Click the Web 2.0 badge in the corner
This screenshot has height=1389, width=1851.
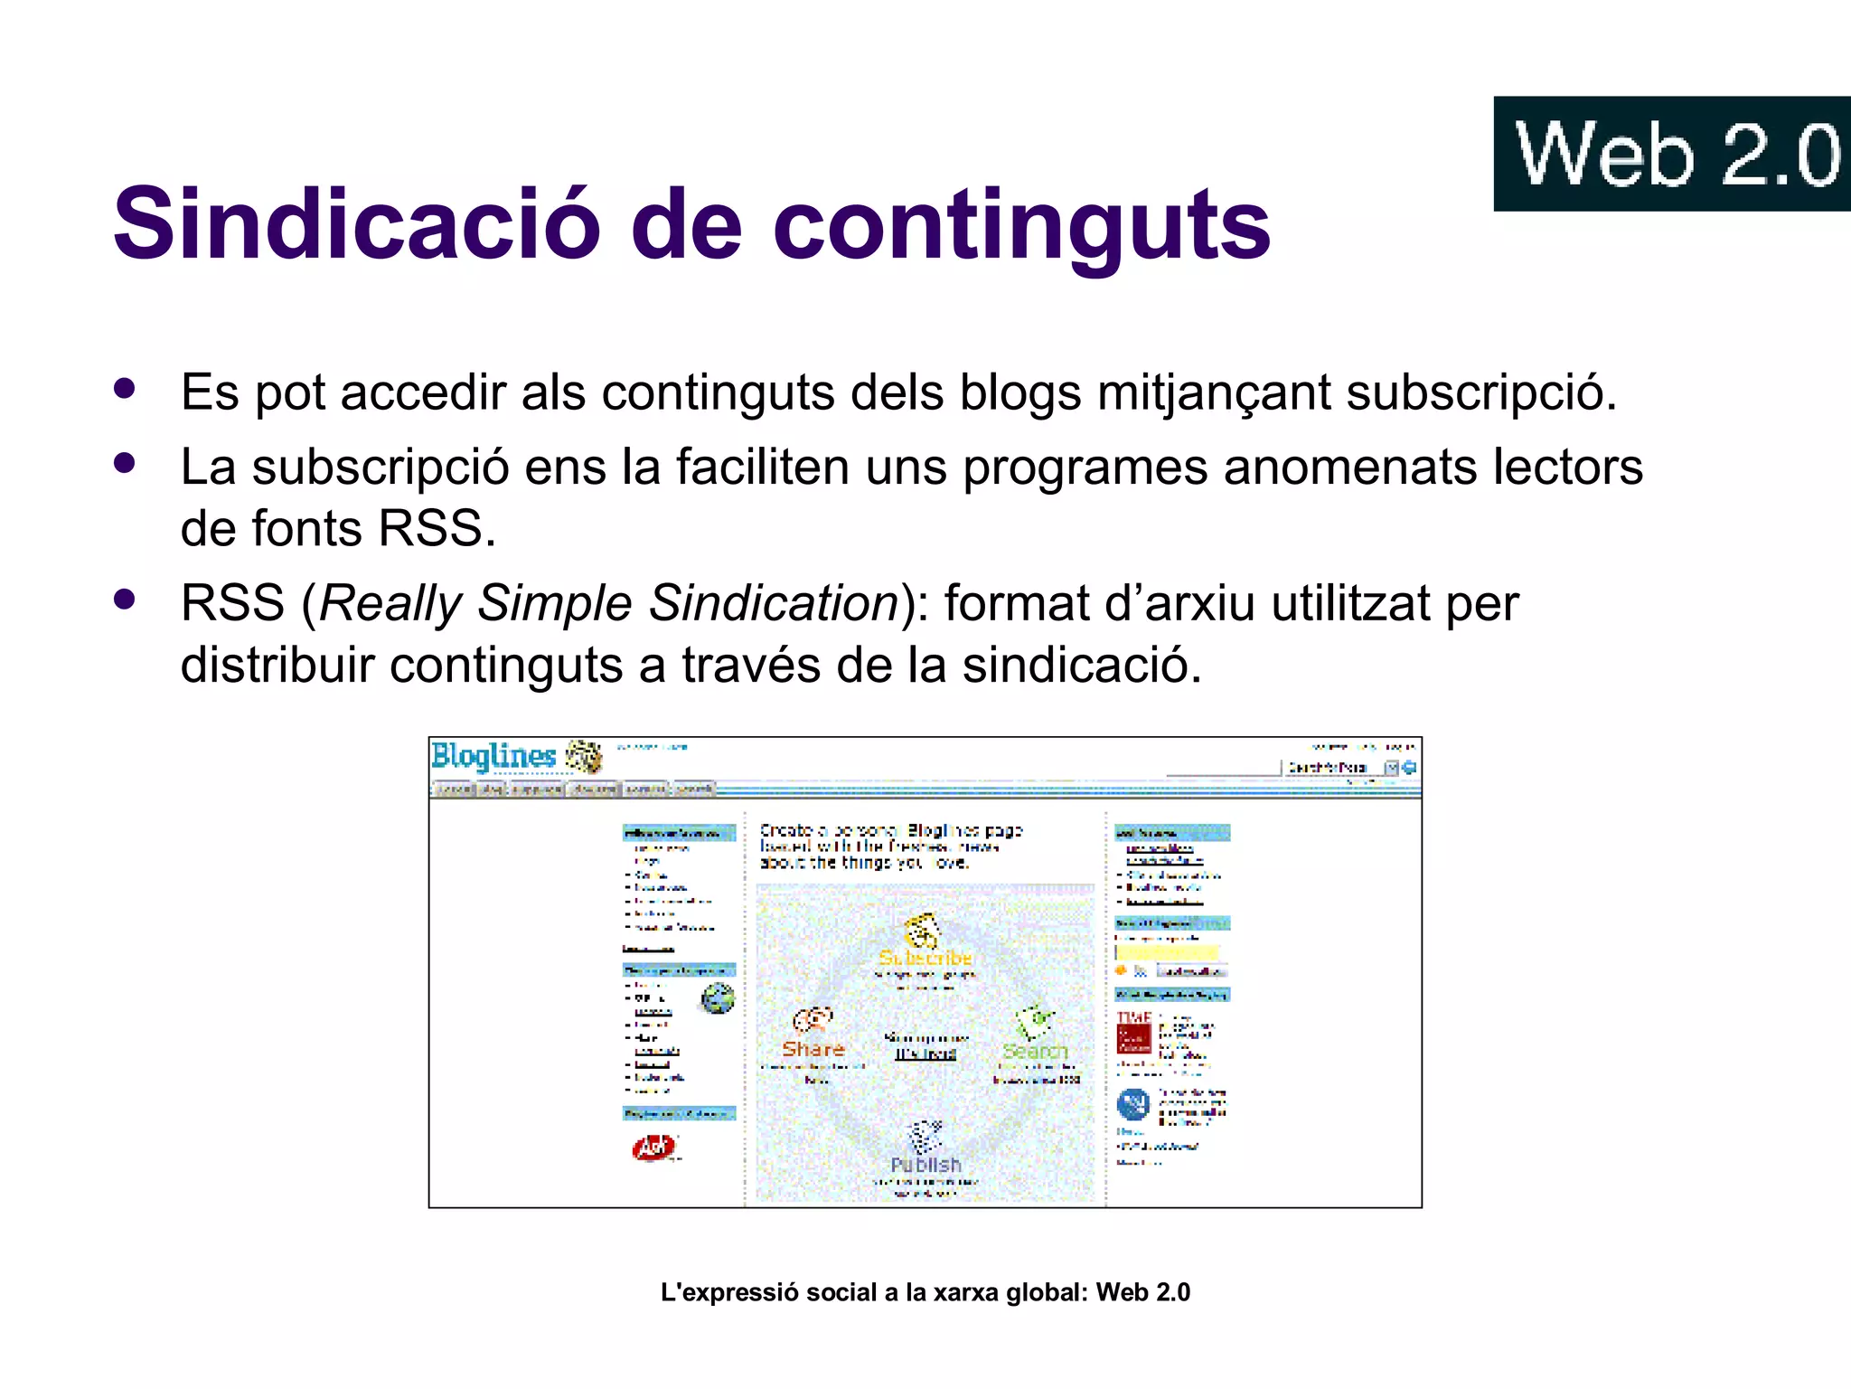[1672, 154]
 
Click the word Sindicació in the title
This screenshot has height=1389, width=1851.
[357, 223]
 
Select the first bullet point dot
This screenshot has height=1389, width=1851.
[125, 389]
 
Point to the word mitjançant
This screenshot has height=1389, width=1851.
[1214, 393]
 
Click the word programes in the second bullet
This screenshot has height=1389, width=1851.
[1085, 468]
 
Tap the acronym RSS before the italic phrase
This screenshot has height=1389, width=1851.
[232, 603]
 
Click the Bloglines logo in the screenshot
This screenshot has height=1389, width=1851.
[493, 756]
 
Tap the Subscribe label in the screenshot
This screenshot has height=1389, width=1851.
[925, 958]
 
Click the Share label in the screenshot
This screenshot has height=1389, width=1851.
[813, 1049]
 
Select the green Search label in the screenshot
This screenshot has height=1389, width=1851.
[1035, 1051]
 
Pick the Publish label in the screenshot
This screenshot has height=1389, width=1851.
[925, 1165]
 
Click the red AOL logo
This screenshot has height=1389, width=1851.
[653, 1148]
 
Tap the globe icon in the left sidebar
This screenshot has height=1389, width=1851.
[718, 998]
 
